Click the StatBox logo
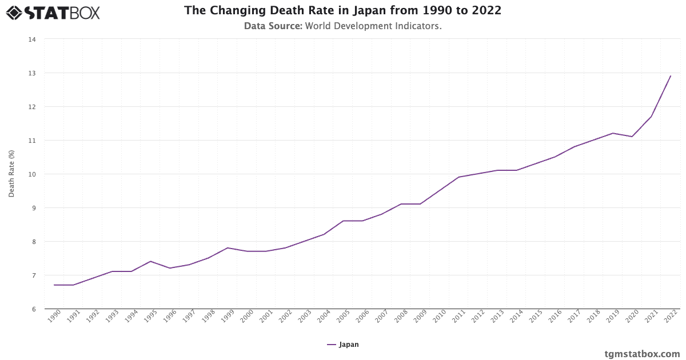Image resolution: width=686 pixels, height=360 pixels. coord(53,12)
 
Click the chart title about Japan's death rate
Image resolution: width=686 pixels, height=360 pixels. coord(342,11)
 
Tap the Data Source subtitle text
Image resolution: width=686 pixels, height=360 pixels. coord(342,26)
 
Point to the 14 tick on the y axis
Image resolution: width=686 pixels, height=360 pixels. coord(32,39)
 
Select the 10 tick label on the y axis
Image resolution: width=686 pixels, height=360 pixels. coord(32,174)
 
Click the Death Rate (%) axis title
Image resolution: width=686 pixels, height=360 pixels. coord(11,174)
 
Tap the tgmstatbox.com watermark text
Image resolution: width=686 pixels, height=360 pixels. coord(642,354)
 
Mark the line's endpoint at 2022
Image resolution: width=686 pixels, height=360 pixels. coord(671,76)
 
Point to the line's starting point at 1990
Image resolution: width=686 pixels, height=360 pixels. coord(54,285)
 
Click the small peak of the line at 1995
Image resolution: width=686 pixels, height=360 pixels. coord(150,261)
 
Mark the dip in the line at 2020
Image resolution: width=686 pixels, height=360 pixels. coord(632,137)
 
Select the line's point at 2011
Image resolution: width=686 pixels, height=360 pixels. coord(458,177)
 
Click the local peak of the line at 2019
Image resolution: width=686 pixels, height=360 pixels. coord(613,133)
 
